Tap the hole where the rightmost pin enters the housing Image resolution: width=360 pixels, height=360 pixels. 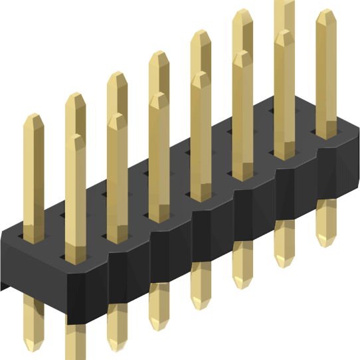(x=325, y=132)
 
